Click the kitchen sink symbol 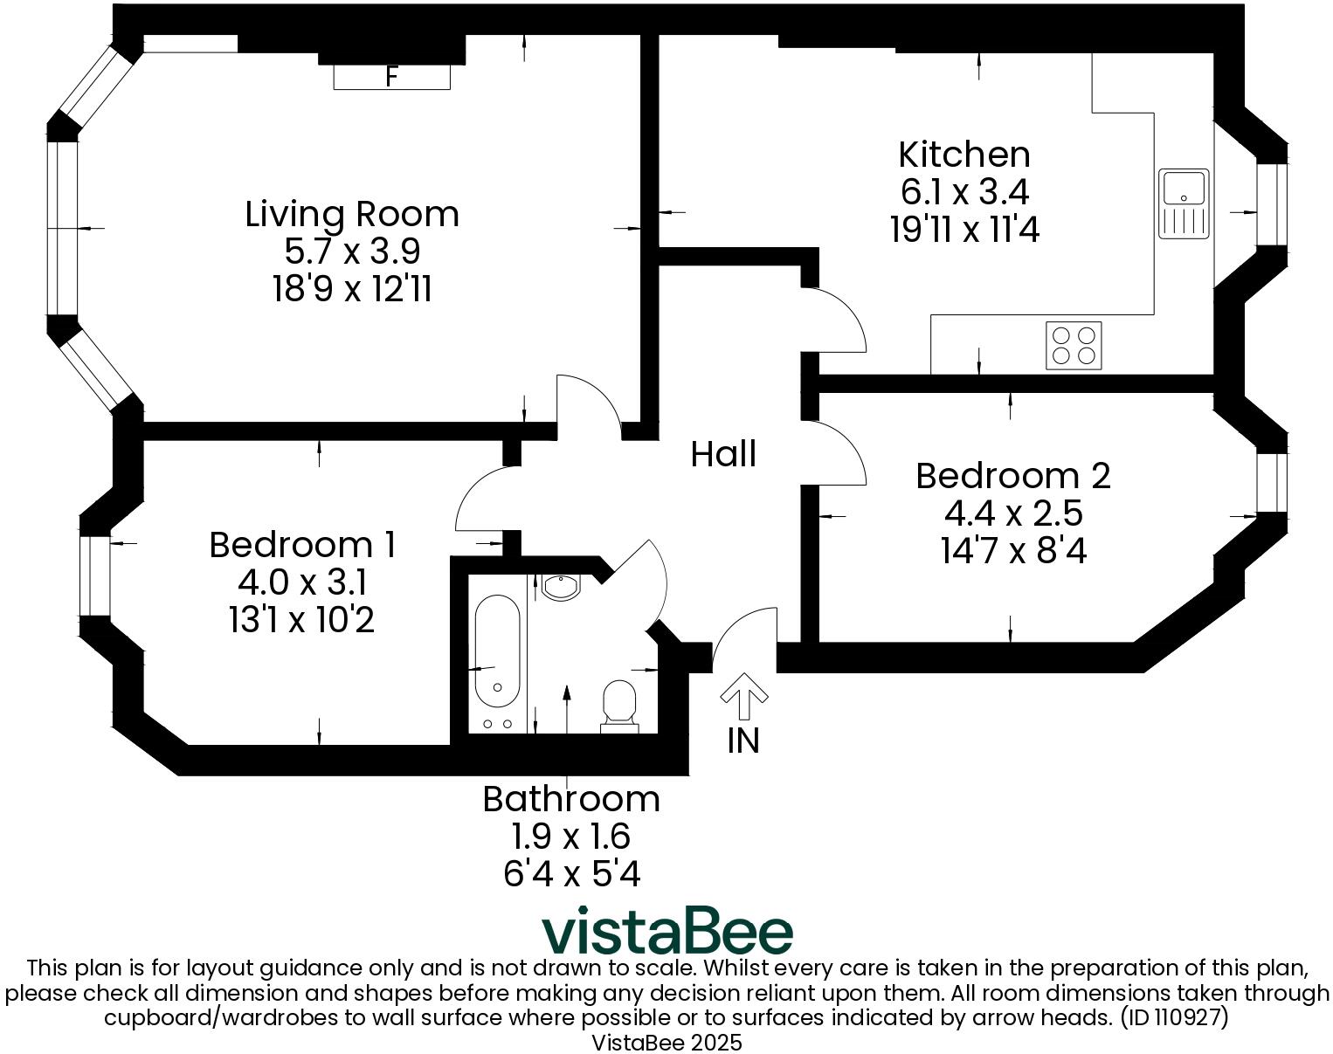point(1184,203)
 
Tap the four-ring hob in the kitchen point(1074,345)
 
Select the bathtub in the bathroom point(497,651)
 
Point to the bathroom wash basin point(560,586)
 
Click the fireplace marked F point(391,77)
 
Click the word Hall point(723,454)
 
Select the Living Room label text point(352,214)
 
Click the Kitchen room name point(964,155)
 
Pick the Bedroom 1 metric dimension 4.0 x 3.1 point(301,582)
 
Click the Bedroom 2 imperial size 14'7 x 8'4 point(1013,551)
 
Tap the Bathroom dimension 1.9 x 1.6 point(570,837)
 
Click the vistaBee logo point(667,932)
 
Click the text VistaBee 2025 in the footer point(666,1043)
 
